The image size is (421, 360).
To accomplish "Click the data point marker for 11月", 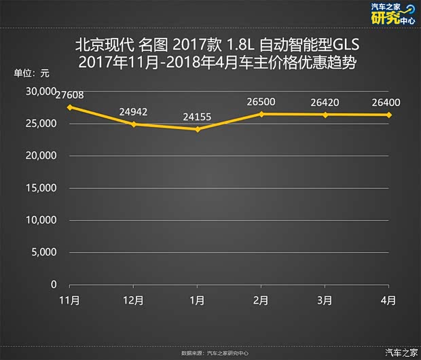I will (x=69, y=107).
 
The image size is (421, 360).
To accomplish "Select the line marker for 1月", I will (x=198, y=129).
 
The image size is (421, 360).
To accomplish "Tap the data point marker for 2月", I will (x=261, y=113).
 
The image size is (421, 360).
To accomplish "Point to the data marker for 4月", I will (x=390, y=115).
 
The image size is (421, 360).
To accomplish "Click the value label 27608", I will (x=70, y=95).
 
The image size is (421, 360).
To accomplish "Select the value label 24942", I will (x=133, y=111).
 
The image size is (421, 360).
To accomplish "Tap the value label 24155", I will (x=197, y=117).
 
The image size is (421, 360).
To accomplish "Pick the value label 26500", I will (x=261, y=102).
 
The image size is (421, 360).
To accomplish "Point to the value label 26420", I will (x=325, y=102).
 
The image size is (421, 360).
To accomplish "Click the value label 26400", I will (x=389, y=102).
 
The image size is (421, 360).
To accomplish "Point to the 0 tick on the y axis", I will (x=53, y=285).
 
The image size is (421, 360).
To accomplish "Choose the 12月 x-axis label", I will (x=133, y=300).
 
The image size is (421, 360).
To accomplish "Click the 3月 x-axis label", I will (x=325, y=300).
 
